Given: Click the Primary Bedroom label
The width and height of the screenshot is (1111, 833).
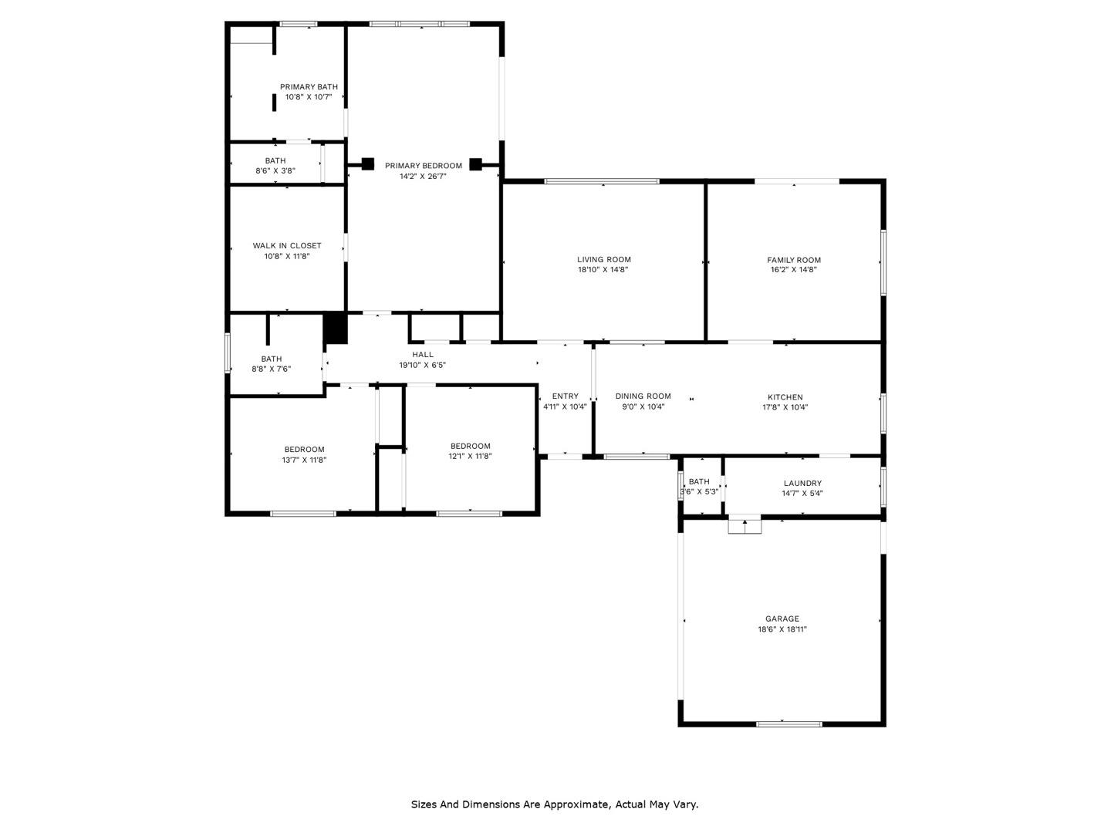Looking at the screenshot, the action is tap(423, 165).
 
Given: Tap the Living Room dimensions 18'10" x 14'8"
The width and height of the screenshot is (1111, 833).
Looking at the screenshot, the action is tap(603, 270).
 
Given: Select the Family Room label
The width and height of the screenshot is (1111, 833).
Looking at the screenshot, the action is tap(794, 260).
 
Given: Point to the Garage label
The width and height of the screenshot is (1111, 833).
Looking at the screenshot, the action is tap(782, 619).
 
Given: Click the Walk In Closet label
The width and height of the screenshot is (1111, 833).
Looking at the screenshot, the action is tap(287, 246).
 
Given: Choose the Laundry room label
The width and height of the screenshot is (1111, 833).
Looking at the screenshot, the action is tap(802, 483).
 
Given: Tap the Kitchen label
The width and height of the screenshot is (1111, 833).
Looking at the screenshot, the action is tap(785, 397).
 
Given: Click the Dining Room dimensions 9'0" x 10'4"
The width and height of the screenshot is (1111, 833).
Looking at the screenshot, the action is tap(643, 406).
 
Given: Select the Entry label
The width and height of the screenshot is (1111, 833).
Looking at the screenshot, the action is tap(565, 396).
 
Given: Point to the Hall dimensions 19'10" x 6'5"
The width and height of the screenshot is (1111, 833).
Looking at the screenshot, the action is tap(422, 365).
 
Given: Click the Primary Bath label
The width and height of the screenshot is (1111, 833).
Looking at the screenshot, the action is tap(309, 87).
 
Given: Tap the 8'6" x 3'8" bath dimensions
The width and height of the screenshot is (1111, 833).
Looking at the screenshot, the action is tap(275, 171).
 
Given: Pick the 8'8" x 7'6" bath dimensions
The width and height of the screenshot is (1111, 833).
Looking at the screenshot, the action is tap(272, 369).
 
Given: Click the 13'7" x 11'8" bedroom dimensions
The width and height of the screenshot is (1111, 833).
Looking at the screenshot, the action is tap(304, 460).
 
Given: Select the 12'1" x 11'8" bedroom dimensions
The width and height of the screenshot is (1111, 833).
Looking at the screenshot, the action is tap(470, 456).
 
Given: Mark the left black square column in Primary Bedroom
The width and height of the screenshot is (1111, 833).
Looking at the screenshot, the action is tap(368, 164).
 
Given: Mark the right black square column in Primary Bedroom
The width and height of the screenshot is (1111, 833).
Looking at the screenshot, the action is tap(475, 164).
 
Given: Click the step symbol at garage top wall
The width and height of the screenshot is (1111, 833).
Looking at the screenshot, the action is tap(745, 524).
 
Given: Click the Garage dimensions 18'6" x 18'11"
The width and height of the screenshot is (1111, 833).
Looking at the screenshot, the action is tap(782, 629).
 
